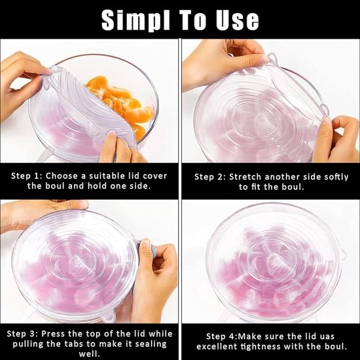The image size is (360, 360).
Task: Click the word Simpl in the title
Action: (135, 20)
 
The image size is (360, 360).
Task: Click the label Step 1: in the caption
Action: (27, 176)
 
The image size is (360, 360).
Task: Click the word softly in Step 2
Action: (336, 177)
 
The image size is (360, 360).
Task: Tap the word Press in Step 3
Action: (52, 334)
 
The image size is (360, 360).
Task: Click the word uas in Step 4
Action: (327, 336)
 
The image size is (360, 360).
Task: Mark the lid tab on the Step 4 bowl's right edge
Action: (342, 254)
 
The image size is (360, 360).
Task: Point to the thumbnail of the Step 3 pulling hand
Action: (145, 242)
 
